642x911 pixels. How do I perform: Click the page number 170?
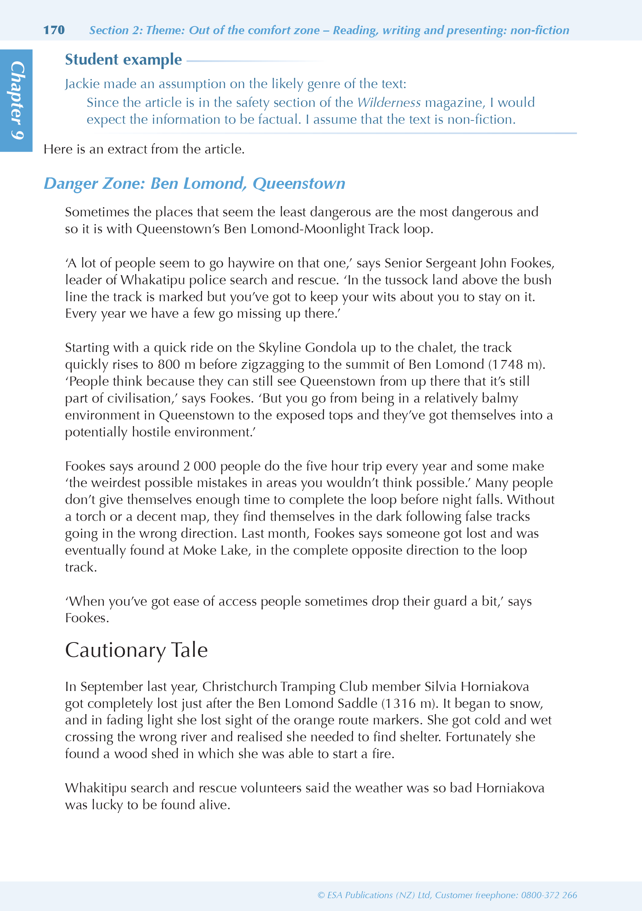54,30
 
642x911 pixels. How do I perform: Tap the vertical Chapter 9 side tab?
16,100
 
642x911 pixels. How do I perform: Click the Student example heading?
123,60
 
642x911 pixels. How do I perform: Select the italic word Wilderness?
389,103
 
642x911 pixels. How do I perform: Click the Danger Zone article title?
194,184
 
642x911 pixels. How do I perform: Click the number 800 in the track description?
169,365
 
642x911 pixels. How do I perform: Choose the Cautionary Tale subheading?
136,650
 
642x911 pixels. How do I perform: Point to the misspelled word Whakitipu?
95,788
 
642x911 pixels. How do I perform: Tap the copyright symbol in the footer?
321,895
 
